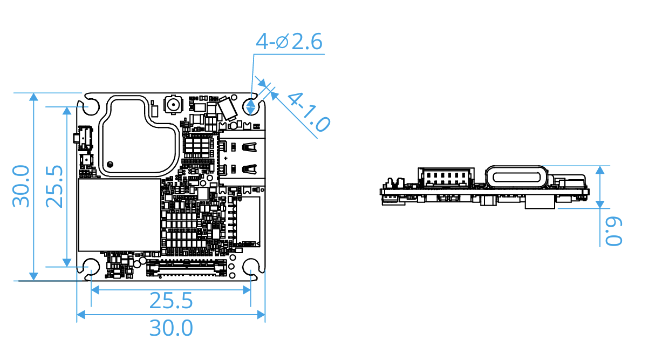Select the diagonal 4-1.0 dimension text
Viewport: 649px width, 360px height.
click(308, 112)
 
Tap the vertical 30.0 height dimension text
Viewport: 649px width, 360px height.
click(21, 186)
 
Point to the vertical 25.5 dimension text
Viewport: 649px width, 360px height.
click(54, 186)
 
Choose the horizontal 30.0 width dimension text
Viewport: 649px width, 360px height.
click(170, 328)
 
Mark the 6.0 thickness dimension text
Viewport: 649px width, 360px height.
click(613, 231)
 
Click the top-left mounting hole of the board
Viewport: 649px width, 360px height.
click(91, 106)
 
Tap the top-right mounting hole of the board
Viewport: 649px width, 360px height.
click(251, 106)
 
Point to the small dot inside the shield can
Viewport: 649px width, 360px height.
click(110, 164)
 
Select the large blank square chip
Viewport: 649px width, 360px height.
click(119, 215)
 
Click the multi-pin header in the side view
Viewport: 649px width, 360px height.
click(445, 176)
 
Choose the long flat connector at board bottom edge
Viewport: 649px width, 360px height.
click(186, 267)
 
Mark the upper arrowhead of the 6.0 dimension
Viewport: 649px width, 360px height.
click(599, 169)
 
